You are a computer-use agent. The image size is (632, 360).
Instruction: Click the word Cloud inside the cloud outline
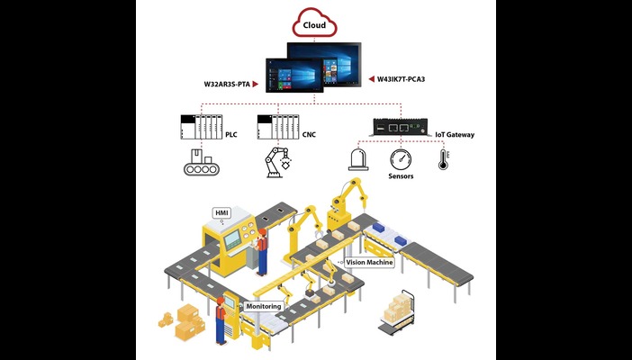[x=315, y=25]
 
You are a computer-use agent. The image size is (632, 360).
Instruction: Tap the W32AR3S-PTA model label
[x=228, y=85]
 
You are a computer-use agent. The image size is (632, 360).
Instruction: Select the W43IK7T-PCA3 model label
[x=402, y=79]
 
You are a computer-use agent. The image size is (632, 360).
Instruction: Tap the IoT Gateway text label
[x=455, y=135]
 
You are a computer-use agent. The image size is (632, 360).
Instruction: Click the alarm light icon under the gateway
[x=357, y=161]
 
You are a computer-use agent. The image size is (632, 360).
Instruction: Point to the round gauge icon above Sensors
[x=401, y=161]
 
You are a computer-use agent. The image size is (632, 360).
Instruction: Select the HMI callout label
[x=221, y=212]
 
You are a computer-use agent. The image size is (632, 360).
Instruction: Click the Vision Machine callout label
[x=369, y=262]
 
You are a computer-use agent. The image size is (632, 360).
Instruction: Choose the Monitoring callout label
[x=263, y=306]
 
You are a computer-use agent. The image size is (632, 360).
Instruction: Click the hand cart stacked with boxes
[x=397, y=310]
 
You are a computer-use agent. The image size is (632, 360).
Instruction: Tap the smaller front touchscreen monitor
[x=294, y=75]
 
